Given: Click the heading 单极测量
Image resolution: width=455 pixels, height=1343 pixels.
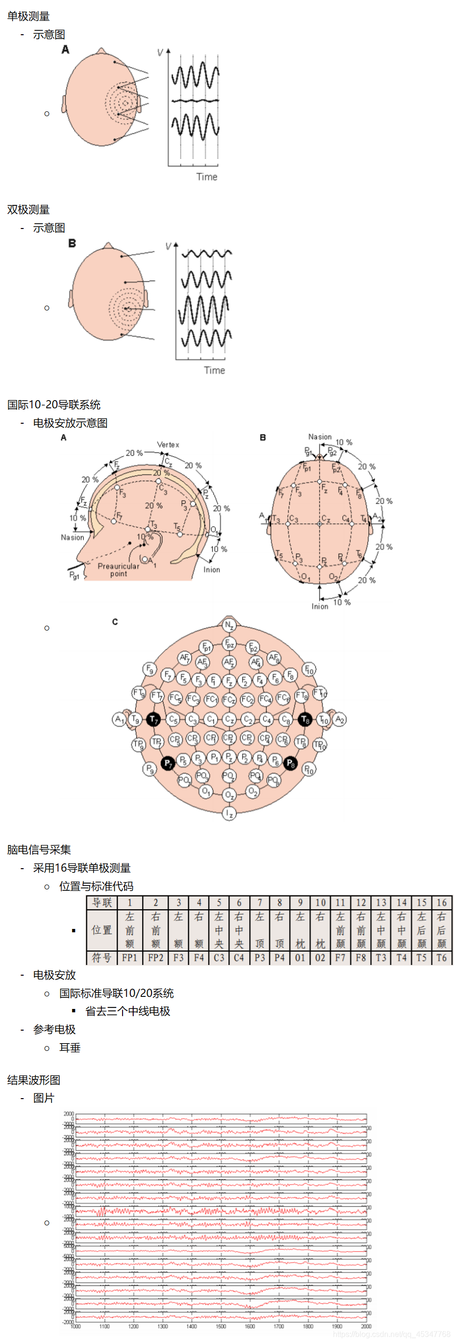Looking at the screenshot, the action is pos(28,16).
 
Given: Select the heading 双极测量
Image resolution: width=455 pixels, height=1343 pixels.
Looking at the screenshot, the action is pos(28,210).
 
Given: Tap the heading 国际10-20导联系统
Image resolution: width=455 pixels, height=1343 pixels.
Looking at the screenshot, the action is pos(54,404).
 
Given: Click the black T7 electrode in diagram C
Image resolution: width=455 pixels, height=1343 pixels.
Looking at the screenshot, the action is pos(153,719).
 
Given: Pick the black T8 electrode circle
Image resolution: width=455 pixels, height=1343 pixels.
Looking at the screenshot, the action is pos(305,719).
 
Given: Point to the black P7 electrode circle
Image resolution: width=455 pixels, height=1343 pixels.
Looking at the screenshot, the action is pos(167,764).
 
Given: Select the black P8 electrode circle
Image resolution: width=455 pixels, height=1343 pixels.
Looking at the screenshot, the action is pos(290,764).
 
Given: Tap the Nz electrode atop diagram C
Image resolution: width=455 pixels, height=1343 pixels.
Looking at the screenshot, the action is pos(229,625).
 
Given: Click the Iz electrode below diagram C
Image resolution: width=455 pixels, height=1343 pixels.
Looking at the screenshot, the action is pos(229,813).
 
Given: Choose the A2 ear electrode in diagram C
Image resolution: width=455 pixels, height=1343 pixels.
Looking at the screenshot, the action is pos(339,719).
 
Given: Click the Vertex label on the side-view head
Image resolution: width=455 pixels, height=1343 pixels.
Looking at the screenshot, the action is pos(168,445).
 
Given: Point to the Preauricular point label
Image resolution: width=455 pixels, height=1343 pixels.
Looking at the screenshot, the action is pos(118,569).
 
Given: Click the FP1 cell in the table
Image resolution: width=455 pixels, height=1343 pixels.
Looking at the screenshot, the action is pos(129,958).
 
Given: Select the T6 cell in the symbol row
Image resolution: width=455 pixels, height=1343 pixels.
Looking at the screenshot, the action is pos(441,958).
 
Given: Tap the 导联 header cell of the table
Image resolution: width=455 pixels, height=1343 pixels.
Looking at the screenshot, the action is pos(102,902).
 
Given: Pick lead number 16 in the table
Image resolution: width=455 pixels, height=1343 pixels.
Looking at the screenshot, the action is pos(441,902).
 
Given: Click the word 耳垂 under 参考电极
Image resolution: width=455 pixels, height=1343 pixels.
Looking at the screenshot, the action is pos(70,1048).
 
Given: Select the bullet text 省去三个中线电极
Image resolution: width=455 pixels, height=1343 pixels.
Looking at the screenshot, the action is pos(128,1011).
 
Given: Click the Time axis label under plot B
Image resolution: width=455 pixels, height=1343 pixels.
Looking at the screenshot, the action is pos(214,370).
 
